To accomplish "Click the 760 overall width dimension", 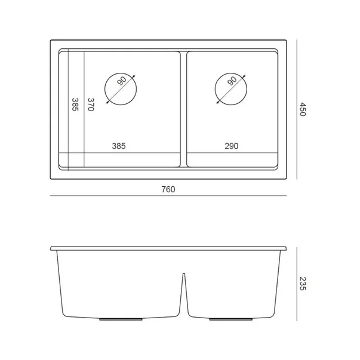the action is tap(168, 189).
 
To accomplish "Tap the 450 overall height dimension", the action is tap(303, 109).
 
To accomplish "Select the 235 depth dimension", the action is tap(303, 284).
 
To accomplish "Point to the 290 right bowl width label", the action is tap(232, 146).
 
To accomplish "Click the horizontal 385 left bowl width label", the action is tap(119, 146).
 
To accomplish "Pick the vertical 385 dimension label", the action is tap(75, 104).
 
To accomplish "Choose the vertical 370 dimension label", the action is tap(91, 104).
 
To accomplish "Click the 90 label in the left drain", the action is tap(122, 81).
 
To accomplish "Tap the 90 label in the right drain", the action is tap(232, 81).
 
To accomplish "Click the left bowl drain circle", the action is tap(104, 89).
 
